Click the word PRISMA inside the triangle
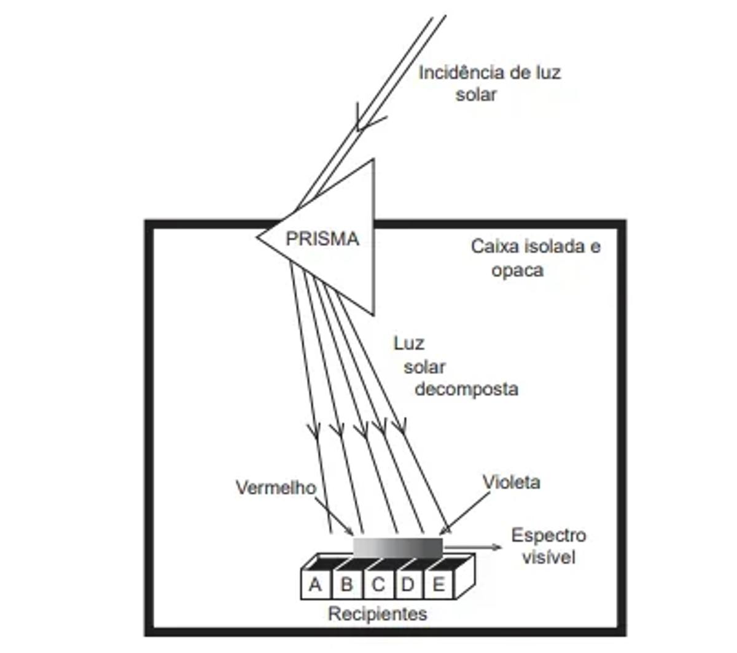(x=322, y=238)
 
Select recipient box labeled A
(x=316, y=584)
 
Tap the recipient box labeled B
(x=347, y=584)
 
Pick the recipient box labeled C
(x=378, y=584)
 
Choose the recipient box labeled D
(x=408, y=584)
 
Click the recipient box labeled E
(x=439, y=584)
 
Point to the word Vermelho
(x=276, y=488)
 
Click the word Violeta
(x=511, y=482)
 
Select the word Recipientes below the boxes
(x=377, y=614)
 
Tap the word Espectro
(x=548, y=536)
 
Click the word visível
(x=548, y=557)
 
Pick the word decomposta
(x=466, y=389)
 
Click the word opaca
(x=517, y=270)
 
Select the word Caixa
(x=495, y=247)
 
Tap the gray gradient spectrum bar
(x=397, y=546)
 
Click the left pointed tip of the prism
(x=258, y=237)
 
